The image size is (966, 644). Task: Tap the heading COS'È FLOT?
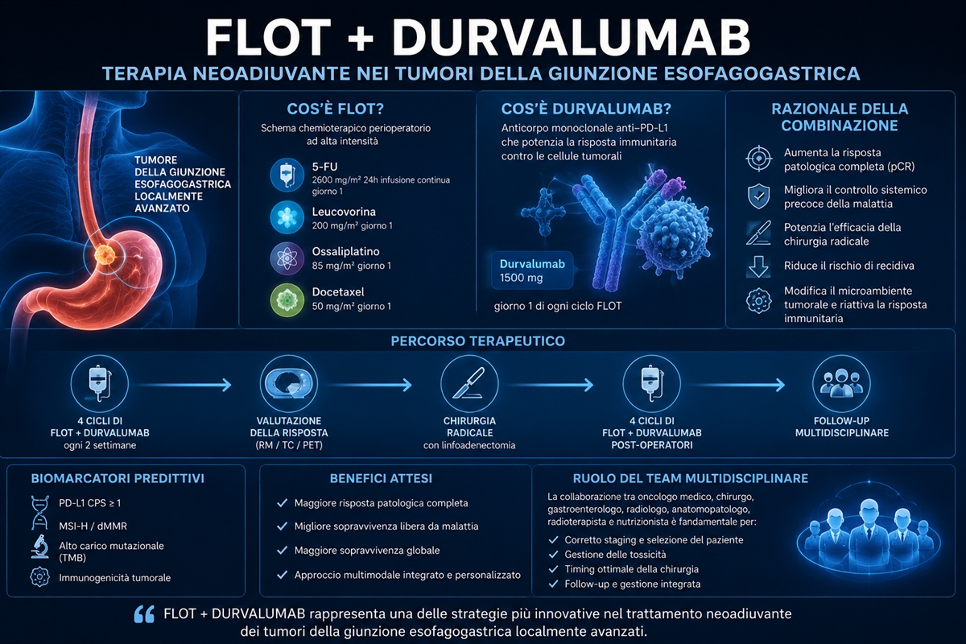click(335, 109)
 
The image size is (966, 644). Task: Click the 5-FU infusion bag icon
click(287, 175)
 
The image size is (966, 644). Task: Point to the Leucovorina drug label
click(344, 212)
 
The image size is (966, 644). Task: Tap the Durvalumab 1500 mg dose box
click(532, 270)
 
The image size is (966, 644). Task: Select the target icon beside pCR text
click(758, 159)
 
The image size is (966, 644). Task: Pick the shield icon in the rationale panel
click(758, 196)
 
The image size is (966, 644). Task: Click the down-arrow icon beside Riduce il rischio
click(758, 266)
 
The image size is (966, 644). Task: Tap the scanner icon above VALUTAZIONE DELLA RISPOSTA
click(289, 383)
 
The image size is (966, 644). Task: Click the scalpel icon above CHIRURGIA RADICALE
click(469, 383)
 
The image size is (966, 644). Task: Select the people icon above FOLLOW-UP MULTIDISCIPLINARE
click(841, 383)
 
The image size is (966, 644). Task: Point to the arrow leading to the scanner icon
click(184, 385)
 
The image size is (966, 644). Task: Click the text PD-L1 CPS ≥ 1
click(90, 503)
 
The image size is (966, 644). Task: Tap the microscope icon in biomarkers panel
click(39, 547)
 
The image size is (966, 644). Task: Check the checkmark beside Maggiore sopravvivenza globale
click(282, 551)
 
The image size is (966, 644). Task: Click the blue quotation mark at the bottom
click(144, 615)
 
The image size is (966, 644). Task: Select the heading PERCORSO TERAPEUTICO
click(478, 341)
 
